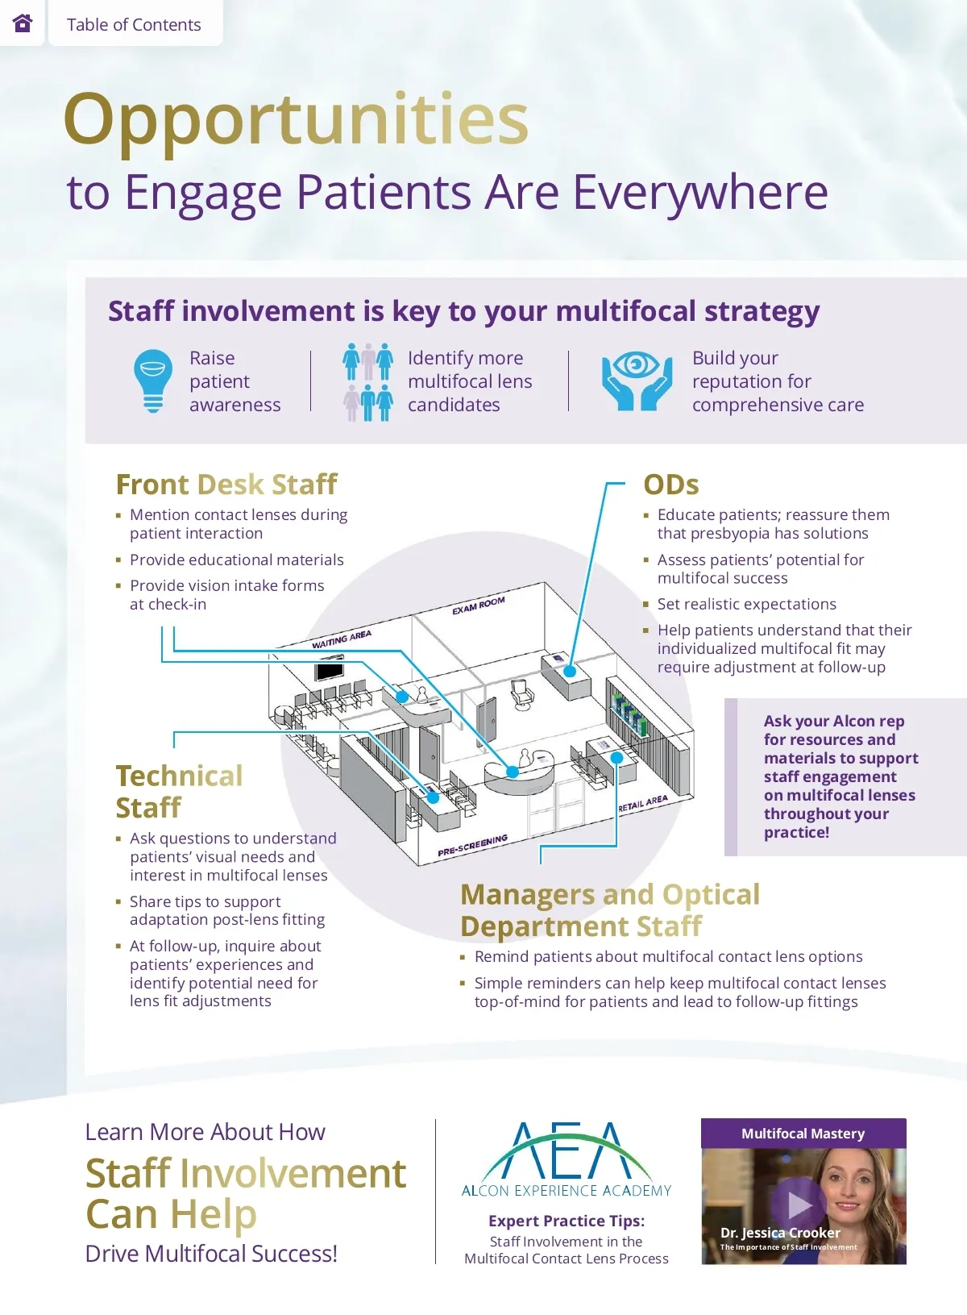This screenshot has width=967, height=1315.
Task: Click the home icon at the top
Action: tap(23, 23)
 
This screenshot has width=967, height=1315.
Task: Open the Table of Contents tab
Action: tap(134, 24)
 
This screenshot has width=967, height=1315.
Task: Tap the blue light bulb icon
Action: tap(153, 381)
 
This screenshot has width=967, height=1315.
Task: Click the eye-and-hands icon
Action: tap(637, 380)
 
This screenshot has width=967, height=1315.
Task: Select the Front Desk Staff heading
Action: tap(226, 484)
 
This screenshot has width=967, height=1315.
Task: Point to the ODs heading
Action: tap(670, 484)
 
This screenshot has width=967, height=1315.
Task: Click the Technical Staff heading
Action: tap(179, 791)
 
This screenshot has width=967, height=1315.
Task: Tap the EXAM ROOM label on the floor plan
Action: tap(479, 605)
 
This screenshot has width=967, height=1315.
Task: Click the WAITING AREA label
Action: tap(342, 639)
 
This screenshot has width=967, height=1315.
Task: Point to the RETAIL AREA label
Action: tap(643, 804)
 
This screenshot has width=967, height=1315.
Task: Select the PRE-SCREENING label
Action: tap(473, 845)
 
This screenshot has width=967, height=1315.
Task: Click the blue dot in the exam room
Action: tap(570, 671)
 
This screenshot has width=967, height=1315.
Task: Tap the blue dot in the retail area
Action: tap(616, 758)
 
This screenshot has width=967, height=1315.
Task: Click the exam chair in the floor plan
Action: tap(521, 694)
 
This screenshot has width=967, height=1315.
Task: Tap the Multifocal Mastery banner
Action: tap(803, 1133)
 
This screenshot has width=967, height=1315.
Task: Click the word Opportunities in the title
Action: tap(296, 119)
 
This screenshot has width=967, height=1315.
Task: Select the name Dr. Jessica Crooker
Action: tap(780, 1233)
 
